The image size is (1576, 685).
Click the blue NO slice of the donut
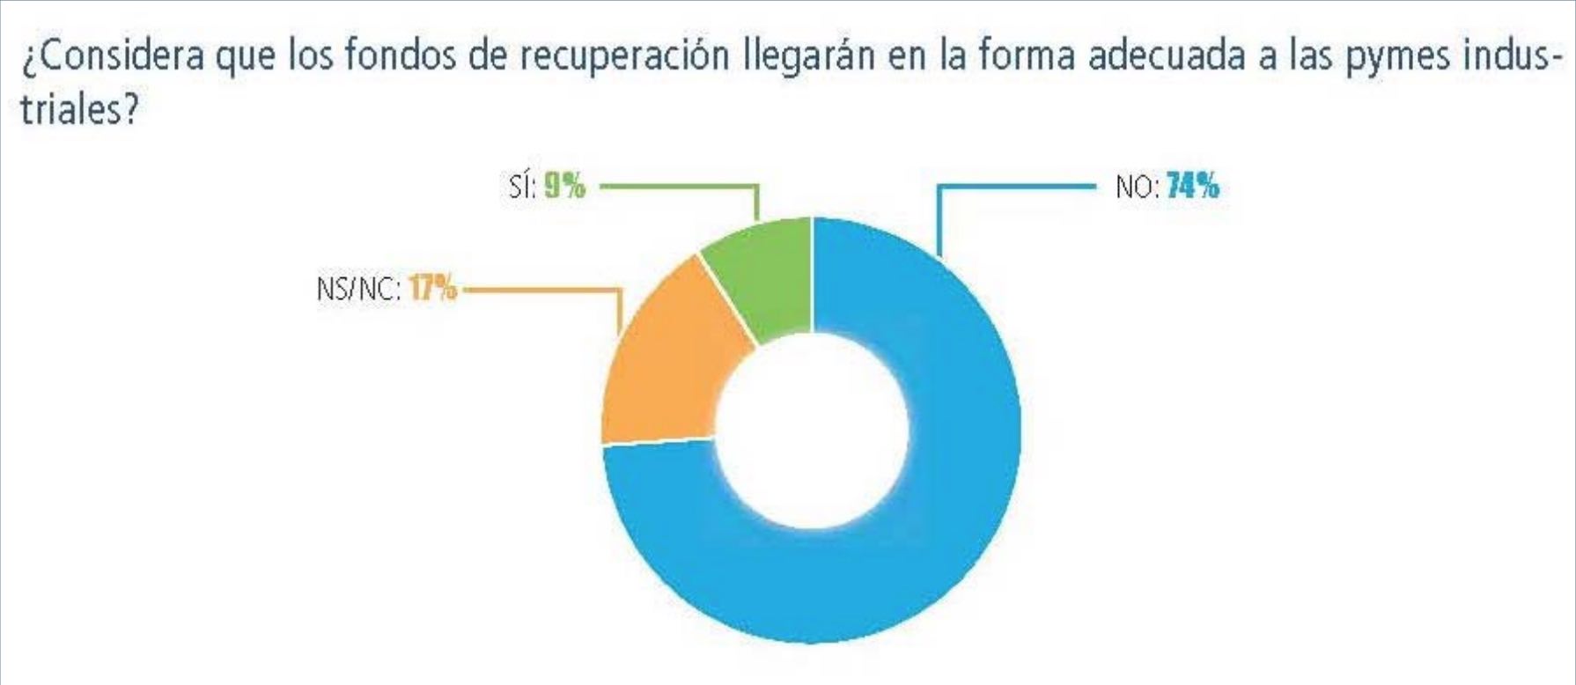tap(924, 528)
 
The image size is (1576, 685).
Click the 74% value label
tap(1193, 187)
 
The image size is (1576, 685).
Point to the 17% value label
tap(433, 288)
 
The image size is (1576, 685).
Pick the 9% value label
tap(564, 187)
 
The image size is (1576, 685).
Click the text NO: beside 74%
tap(1137, 188)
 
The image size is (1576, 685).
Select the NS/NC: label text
tap(357, 289)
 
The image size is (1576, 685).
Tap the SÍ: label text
tap(522, 188)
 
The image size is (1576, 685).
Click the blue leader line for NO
tap(1013, 187)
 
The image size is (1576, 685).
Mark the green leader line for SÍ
tap(678, 186)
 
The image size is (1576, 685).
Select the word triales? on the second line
tap(79, 110)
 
